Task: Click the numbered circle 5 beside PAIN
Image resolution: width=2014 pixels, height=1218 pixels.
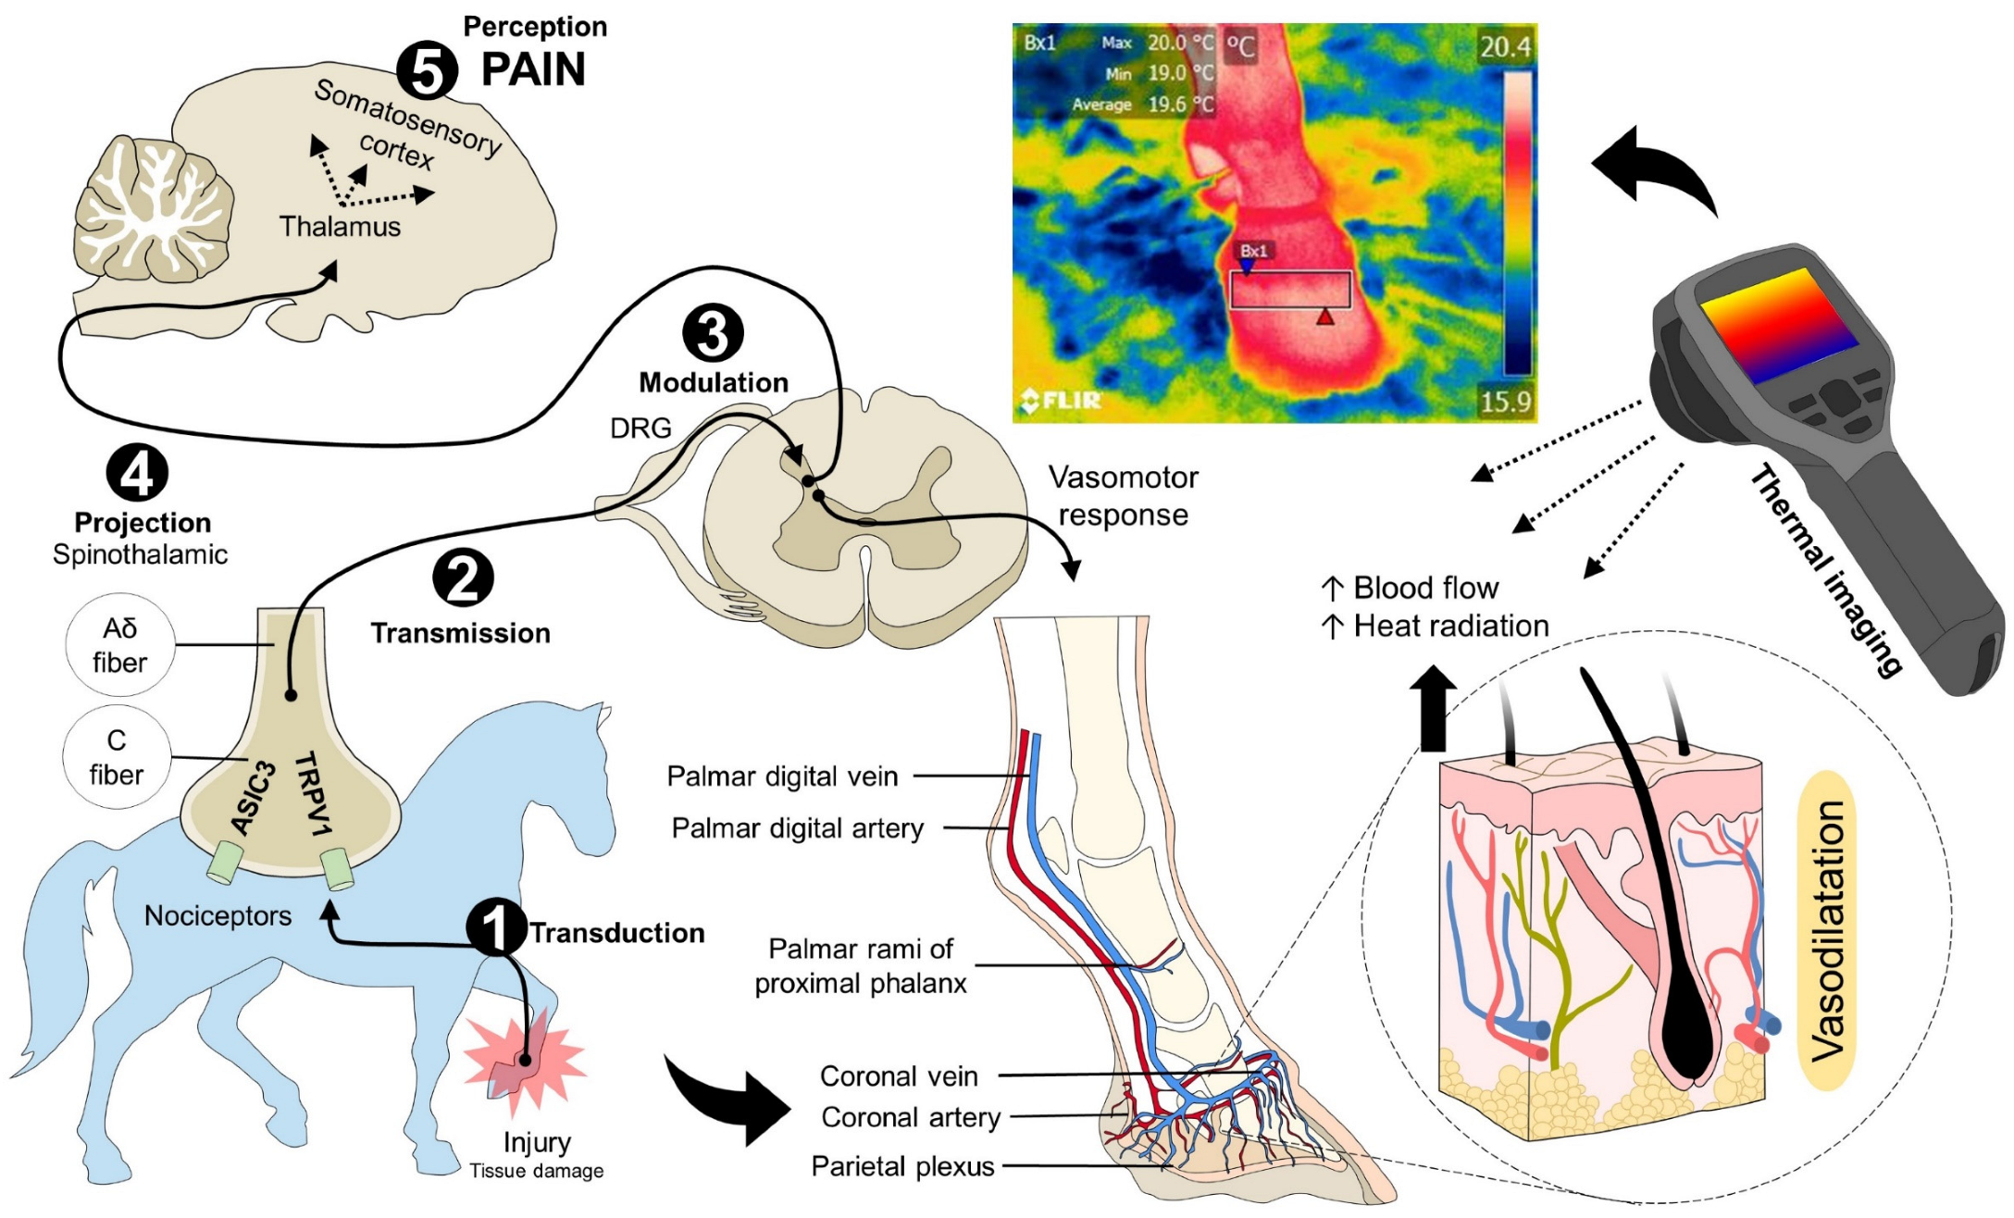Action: pos(427,71)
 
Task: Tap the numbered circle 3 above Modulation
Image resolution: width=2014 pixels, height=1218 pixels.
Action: pos(713,334)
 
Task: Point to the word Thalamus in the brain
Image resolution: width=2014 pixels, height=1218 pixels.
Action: pos(340,227)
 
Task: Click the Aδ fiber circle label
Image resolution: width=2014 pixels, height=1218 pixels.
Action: pos(119,645)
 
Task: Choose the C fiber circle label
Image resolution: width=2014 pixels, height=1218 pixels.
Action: pos(117,757)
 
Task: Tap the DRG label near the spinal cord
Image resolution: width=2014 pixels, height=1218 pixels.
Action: pos(640,428)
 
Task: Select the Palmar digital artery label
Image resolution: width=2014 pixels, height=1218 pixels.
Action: pos(797,827)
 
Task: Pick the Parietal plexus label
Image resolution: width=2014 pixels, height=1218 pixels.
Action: pos(902,1166)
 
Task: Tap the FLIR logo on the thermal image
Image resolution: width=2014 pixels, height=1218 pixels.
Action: pos(1061,400)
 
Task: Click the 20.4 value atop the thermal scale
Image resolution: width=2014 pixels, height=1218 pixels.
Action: pos(1506,46)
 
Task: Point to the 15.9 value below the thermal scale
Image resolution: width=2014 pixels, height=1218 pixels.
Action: pos(1506,401)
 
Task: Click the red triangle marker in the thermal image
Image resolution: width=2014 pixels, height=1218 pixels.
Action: pos(1325,317)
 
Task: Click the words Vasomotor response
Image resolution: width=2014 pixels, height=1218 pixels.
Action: pos(1123,496)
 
